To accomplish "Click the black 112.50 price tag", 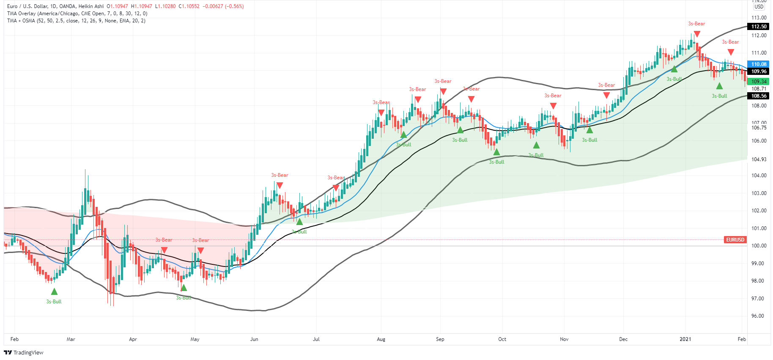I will [759, 27].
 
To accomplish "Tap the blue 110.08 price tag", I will [759, 64].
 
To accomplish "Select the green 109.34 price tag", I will [759, 82].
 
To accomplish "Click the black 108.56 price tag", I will [759, 96].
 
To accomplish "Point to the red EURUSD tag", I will [735, 240].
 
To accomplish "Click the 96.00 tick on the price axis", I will [759, 316].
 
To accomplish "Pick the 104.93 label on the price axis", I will [759, 159].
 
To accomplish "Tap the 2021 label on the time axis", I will [685, 339].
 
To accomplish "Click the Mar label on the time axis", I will [71, 339].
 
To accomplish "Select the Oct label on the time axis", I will [502, 339].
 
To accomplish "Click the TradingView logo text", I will [28, 353].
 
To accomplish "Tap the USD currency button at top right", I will [759, 7].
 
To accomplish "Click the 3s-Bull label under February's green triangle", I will [54, 302].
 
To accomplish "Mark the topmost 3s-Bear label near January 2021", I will [696, 24].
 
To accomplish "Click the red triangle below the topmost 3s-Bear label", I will [697, 34].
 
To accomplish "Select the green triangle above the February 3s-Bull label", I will [54, 291].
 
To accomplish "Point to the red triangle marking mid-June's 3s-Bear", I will [280, 185].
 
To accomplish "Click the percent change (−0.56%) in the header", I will [234, 6].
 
